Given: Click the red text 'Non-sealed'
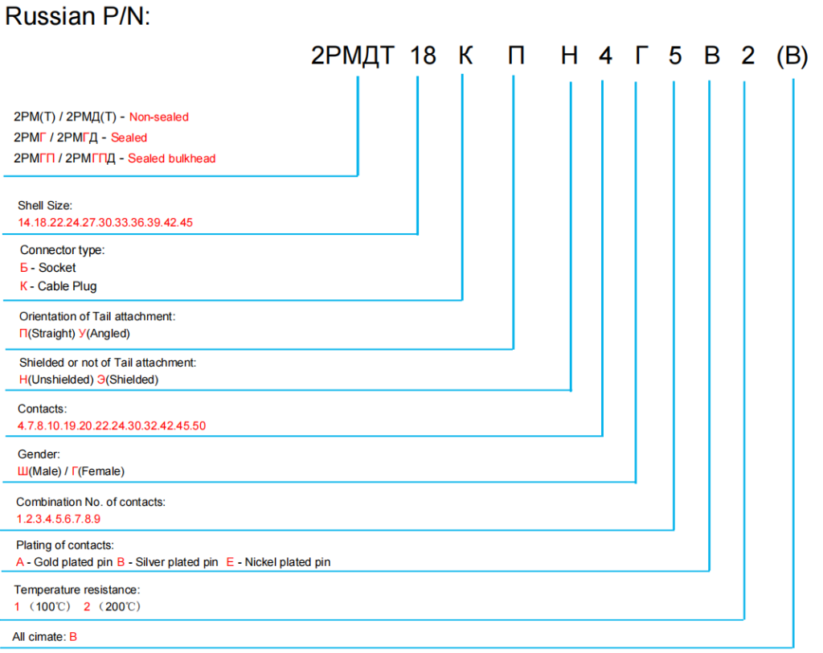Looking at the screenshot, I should [159, 117].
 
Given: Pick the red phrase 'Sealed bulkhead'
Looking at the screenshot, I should [171, 158].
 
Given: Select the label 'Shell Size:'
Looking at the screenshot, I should [45, 206].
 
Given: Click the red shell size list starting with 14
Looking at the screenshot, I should [105, 222].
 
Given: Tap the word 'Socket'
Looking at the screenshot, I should [57, 268].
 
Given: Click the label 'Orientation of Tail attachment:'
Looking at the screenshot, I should [97, 317].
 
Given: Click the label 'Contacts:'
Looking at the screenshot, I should [42, 409].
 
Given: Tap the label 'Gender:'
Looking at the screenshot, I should [38, 455].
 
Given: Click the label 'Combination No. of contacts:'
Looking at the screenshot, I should [91, 502].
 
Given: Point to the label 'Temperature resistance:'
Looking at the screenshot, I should [71, 590].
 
